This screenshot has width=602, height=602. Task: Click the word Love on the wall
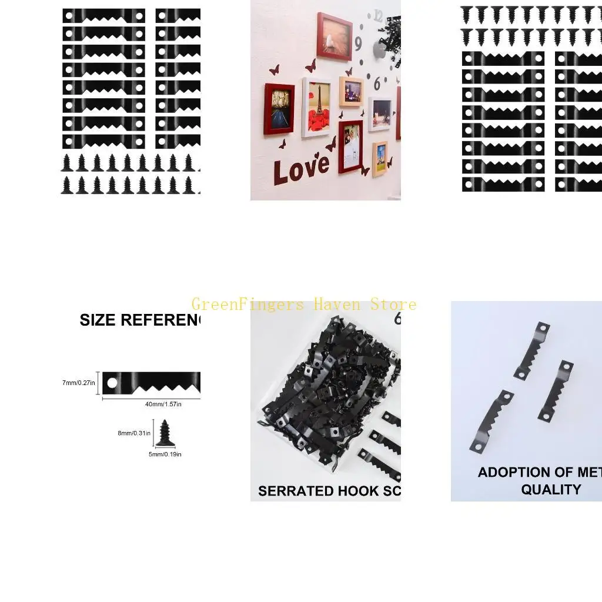click(x=301, y=168)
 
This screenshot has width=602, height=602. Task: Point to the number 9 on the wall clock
click(x=358, y=44)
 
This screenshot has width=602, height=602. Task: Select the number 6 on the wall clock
click(x=377, y=83)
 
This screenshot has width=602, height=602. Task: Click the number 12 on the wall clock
click(x=377, y=16)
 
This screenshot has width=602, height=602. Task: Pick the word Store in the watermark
click(x=393, y=305)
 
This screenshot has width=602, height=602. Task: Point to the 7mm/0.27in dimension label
click(x=78, y=383)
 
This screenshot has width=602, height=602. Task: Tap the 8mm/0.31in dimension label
click(x=134, y=433)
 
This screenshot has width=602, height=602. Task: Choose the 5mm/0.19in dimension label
click(x=165, y=454)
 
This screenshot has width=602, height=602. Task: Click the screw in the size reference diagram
click(x=165, y=432)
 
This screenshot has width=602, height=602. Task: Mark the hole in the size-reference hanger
click(x=112, y=383)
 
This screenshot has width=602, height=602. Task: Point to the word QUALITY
click(x=551, y=489)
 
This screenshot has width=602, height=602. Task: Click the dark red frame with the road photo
click(x=279, y=109)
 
